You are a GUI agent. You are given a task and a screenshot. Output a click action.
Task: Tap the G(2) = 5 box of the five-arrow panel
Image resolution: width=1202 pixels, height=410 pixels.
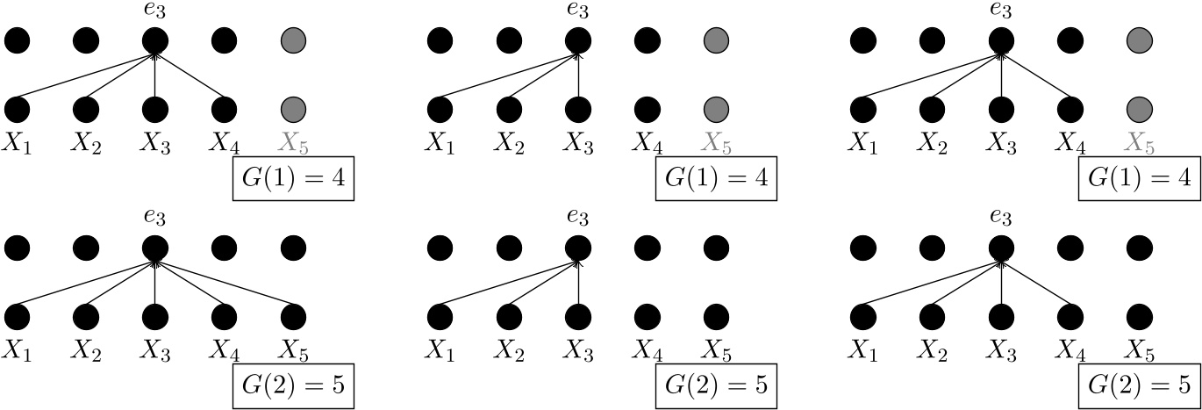[293, 385]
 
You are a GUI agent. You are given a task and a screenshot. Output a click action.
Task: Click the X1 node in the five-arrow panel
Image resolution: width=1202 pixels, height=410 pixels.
[18, 315]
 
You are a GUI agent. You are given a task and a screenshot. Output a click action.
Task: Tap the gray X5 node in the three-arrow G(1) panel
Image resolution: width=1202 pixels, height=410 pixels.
[716, 109]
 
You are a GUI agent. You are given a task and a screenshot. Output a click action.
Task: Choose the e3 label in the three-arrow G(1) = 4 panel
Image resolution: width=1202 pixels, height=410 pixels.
[577, 11]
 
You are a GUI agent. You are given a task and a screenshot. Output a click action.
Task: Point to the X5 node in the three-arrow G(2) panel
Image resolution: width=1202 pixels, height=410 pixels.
[716, 315]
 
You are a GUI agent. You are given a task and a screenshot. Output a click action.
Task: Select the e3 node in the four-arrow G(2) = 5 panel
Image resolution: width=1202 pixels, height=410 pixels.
[1000, 247]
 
